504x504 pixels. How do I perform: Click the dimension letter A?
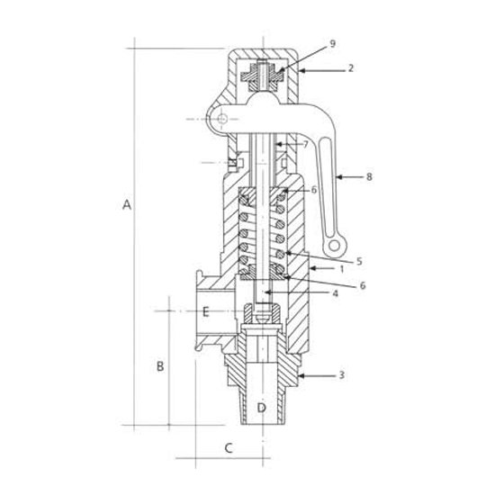click(x=127, y=205)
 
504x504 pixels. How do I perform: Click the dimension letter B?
click(x=160, y=366)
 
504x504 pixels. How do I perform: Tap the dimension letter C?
click(x=229, y=448)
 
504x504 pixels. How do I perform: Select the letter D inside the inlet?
click(x=262, y=408)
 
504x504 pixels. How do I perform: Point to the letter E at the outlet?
click(x=206, y=311)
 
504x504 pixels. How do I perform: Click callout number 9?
click(x=333, y=44)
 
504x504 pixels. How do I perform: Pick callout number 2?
click(x=351, y=68)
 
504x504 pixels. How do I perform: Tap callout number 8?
click(x=369, y=176)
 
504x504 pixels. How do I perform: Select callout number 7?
click(x=305, y=145)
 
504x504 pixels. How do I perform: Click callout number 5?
click(x=359, y=261)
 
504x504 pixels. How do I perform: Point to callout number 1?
click(x=342, y=269)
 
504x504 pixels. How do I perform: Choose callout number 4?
click(x=335, y=293)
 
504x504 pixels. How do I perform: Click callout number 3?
click(x=342, y=374)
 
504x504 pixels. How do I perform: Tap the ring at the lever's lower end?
click(x=334, y=246)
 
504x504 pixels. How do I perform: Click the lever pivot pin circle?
click(x=222, y=119)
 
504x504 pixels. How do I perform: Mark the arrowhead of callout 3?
click(x=301, y=375)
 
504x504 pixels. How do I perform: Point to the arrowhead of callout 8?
click(x=338, y=176)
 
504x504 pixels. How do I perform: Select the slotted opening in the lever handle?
click(x=328, y=186)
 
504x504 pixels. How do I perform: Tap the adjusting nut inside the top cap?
click(x=263, y=76)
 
